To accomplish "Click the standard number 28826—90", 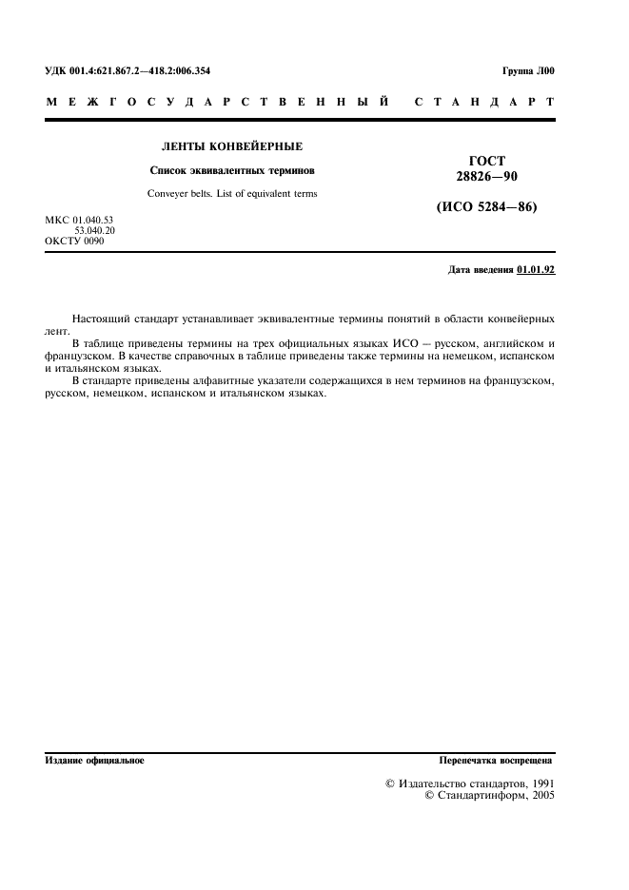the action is [486, 176].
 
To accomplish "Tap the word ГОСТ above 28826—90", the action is [486, 161].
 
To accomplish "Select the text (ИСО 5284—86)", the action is [486, 206].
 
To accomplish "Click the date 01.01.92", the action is [536, 270].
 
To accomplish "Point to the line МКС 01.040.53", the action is [80, 220].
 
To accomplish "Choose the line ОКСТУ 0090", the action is [75, 241].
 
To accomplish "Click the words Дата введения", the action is [480, 270].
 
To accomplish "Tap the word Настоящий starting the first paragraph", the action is [100, 319].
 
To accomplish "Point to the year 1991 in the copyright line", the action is [539, 784].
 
